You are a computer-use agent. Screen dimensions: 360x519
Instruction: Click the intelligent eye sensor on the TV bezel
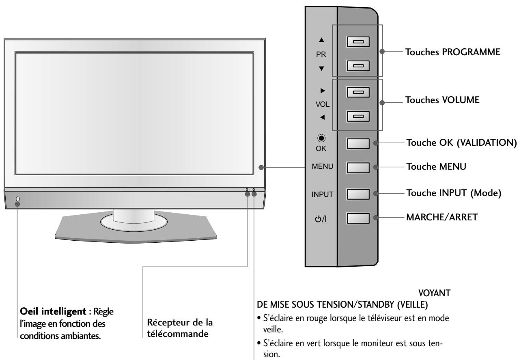(17, 199)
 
